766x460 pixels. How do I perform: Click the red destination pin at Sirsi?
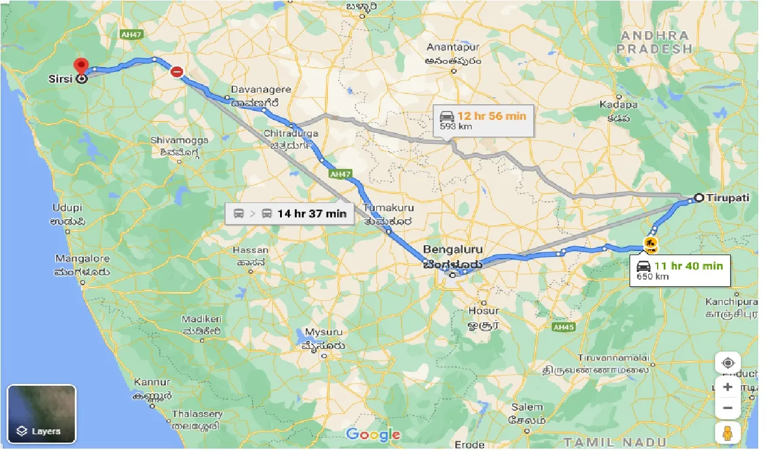81,66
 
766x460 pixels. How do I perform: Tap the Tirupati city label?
727,198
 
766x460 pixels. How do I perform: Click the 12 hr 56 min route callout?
482,120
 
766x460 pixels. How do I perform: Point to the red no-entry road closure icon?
177,72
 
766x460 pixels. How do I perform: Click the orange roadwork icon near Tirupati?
650,243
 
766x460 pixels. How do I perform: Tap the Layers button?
41,414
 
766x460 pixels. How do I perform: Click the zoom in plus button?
728,387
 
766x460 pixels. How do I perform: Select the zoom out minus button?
728,408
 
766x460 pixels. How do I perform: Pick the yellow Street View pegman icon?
728,432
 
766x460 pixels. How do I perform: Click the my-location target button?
728,363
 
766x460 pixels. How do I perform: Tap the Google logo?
373,434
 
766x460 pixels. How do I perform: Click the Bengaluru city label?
452,249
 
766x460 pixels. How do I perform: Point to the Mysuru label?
324,332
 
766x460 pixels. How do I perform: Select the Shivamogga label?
180,140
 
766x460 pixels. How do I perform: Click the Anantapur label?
454,47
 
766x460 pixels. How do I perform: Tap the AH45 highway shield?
563,327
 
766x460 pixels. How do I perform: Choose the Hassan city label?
250,250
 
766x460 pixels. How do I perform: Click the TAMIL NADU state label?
615,442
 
